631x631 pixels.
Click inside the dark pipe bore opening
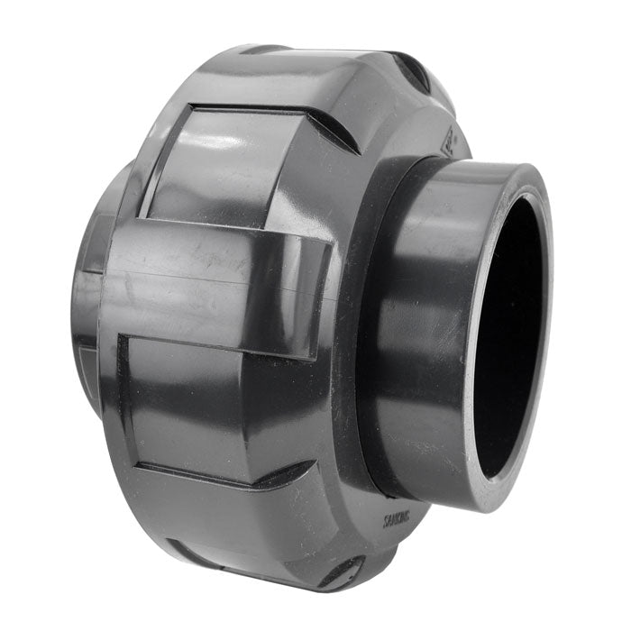tap(509, 334)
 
